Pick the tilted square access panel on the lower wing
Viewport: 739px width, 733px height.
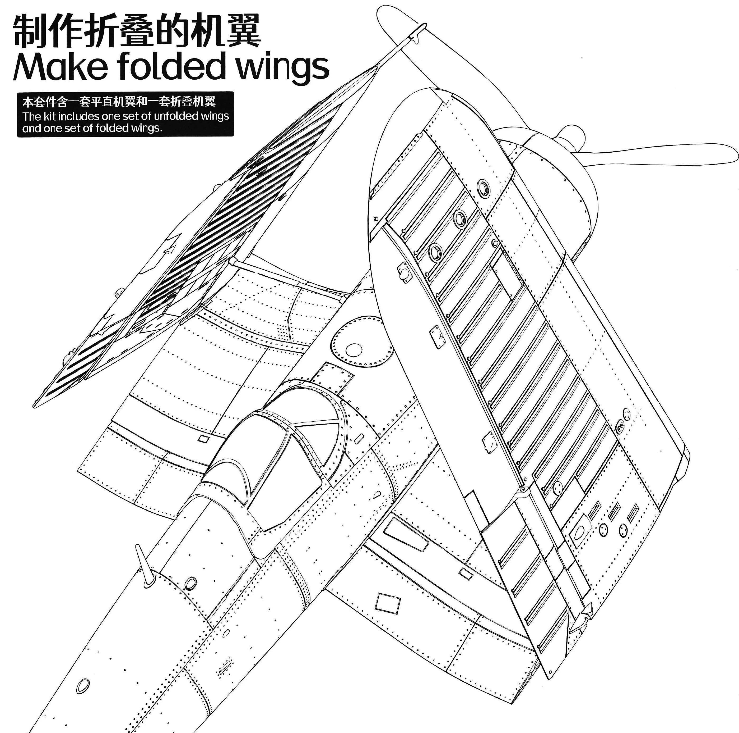388,604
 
